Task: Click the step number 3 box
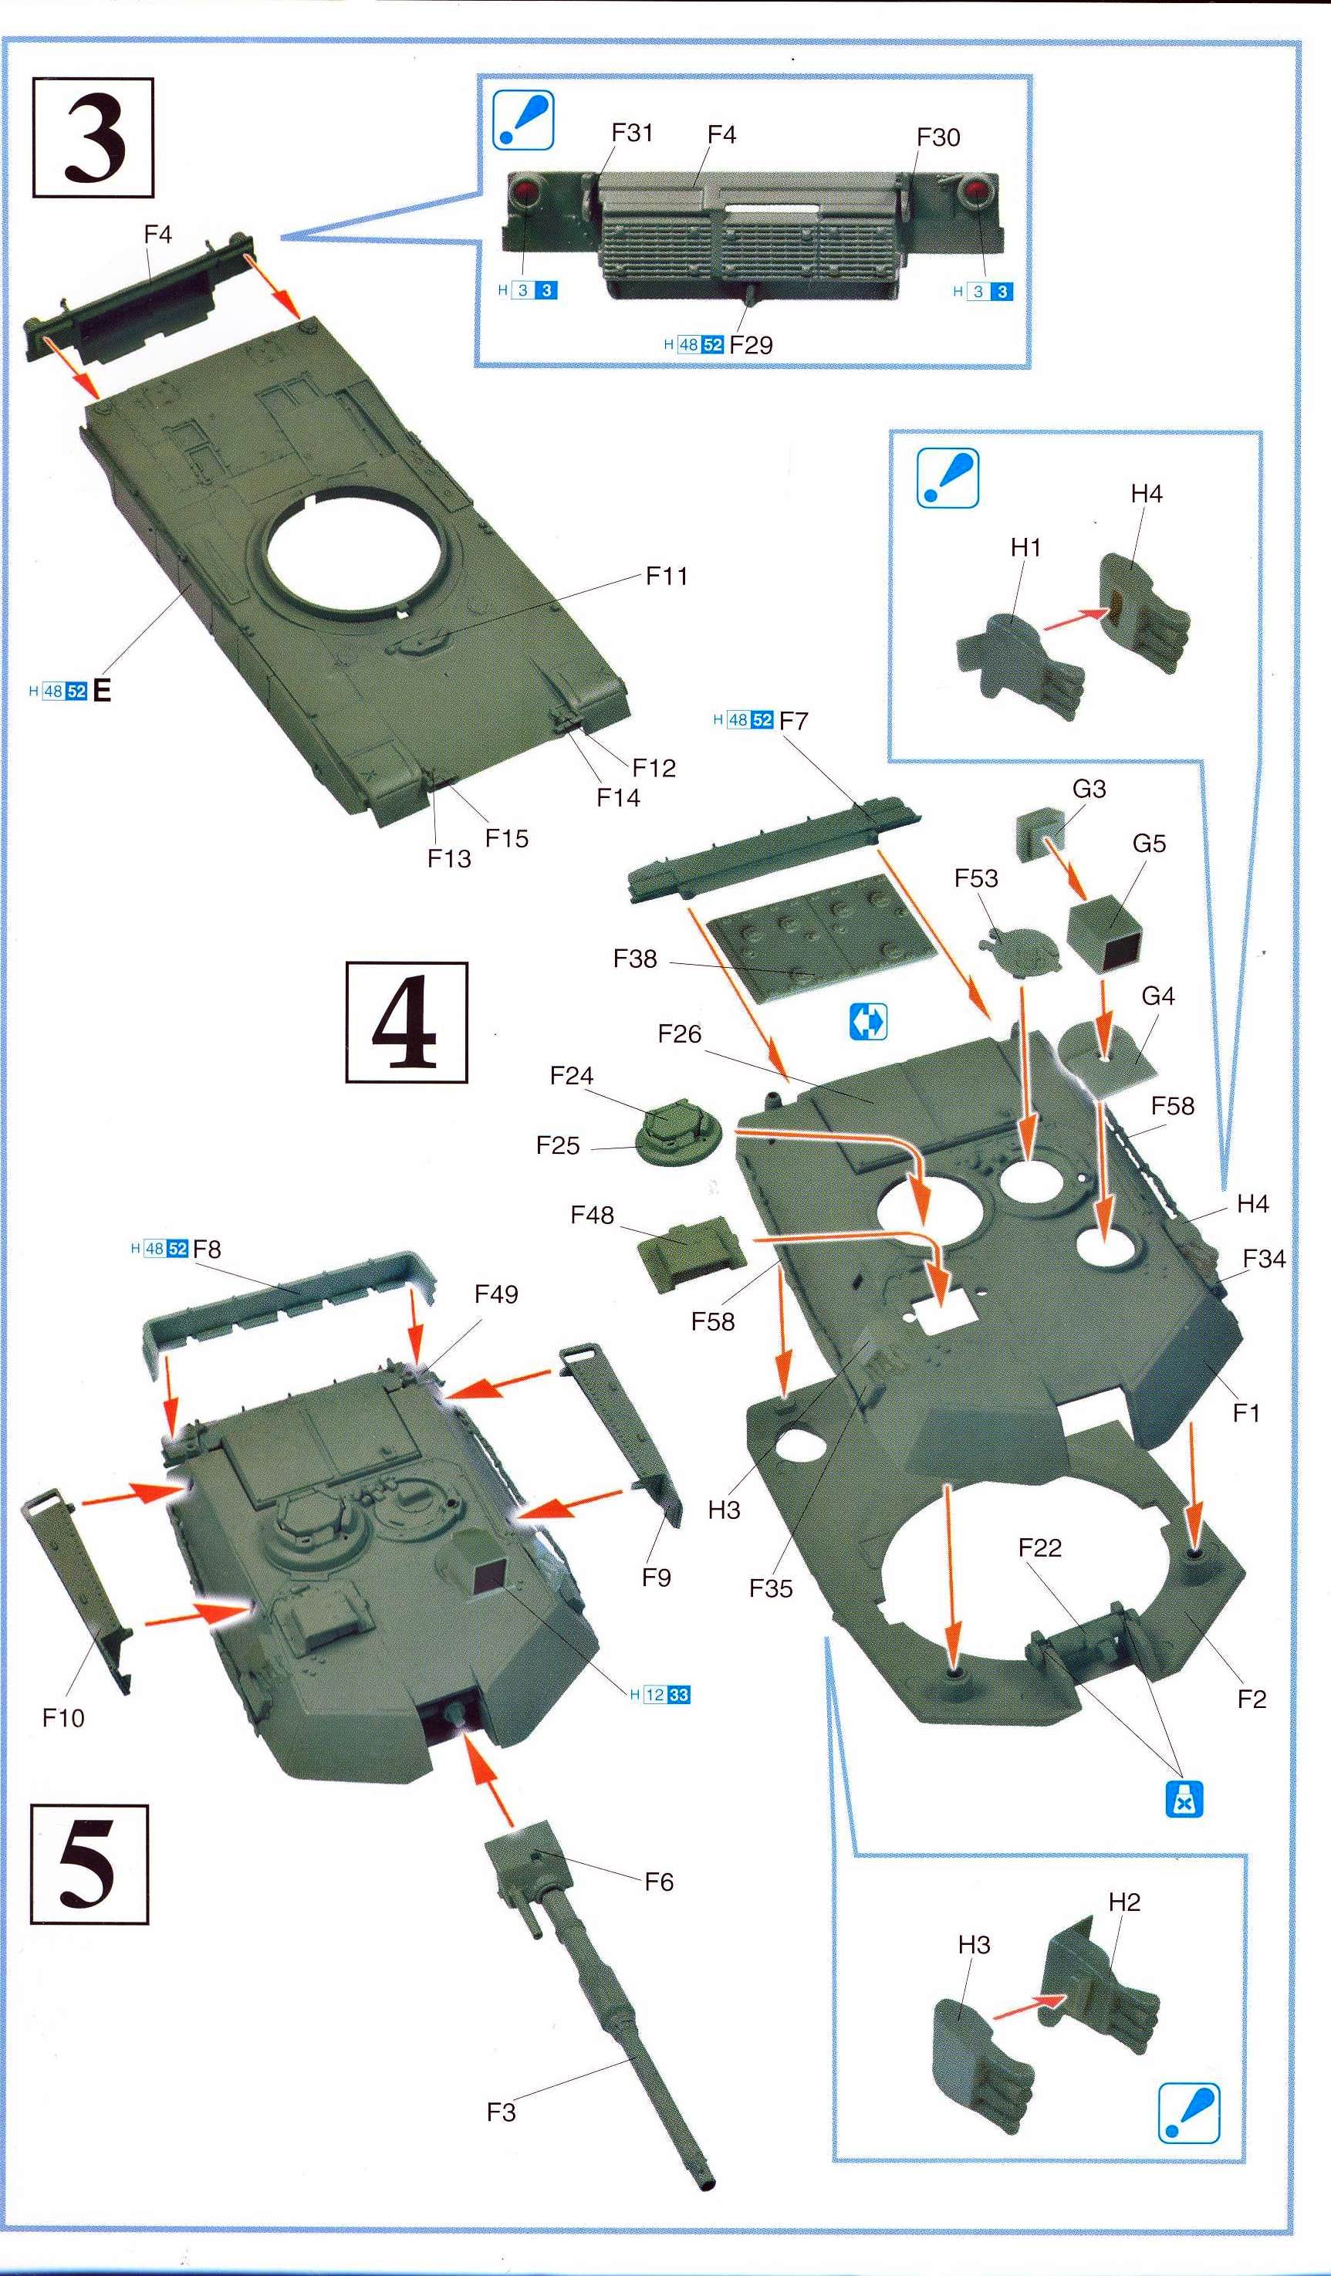tap(93, 138)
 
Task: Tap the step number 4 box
tap(407, 1023)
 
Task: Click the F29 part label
tap(752, 345)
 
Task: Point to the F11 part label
tap(667, 577)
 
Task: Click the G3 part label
tap(1089, 790)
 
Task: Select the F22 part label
tap(1040, 1547)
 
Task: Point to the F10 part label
tap(63, 1718)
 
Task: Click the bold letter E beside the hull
tap(102, 692)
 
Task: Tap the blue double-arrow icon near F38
tap(869, 1023)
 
